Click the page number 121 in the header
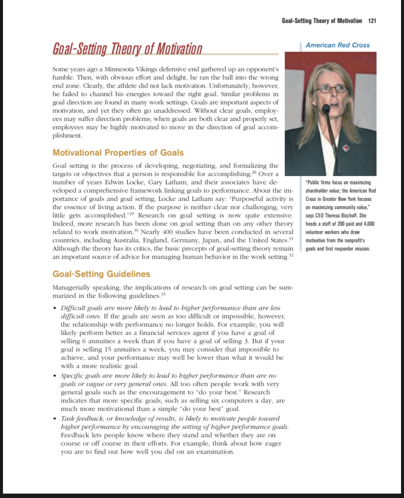(372, 20)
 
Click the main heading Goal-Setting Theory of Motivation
(127, 49)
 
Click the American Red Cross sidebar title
(338, 45)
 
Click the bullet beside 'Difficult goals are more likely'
(54, 308)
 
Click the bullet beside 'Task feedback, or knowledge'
(54, 419)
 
